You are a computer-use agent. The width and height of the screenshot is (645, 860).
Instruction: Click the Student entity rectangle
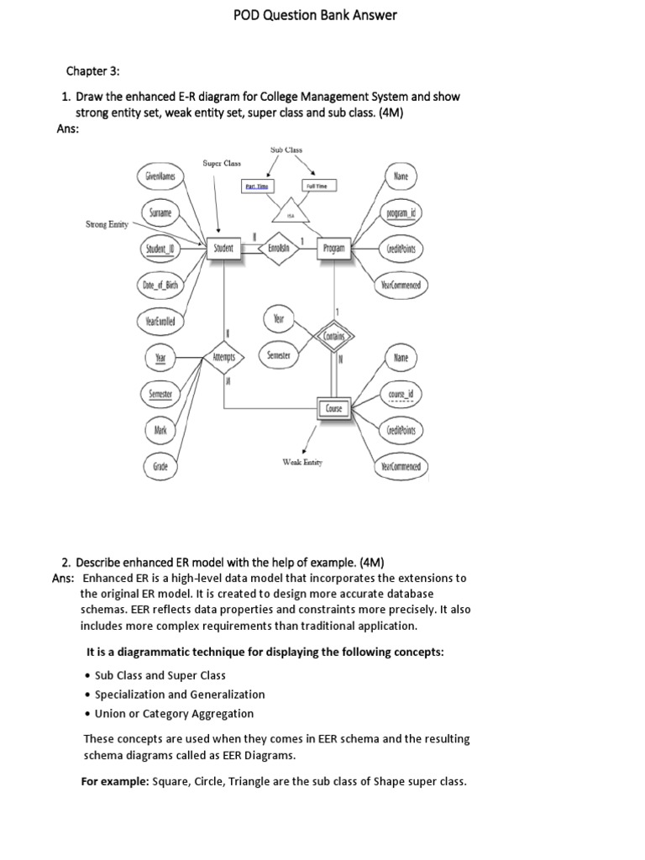point(223,249)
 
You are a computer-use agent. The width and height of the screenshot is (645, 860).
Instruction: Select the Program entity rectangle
point(334,249)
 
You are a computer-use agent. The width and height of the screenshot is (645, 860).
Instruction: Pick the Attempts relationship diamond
point(223,357)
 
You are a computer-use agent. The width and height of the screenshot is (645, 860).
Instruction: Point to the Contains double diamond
point(335,336)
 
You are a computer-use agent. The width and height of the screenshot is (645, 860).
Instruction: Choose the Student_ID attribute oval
point(160,249)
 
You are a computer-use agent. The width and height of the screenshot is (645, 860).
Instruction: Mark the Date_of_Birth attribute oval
point(160,285)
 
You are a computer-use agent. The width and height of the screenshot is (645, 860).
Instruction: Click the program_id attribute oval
point(401,213)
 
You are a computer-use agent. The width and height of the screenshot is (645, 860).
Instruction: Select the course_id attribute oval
point(401,393)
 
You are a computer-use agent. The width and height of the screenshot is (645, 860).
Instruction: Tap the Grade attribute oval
point(160,465)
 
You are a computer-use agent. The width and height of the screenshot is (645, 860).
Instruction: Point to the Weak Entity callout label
point(302,462)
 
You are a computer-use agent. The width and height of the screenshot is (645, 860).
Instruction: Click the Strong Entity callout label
point(107,224)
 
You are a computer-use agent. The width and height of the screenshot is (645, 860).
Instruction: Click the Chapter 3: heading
point(94,71)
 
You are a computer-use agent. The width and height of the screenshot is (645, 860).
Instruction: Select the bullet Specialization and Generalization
point(179,695)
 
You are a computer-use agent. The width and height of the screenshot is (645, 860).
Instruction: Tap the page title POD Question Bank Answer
point(322,14)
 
